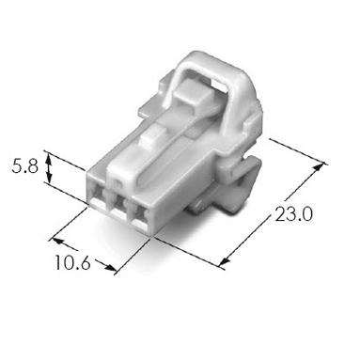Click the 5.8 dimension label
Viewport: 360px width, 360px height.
click(x=25, y=166)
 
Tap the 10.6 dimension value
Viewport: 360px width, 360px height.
click(x=72, y=262)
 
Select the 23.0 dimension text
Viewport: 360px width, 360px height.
click(x=293, y=214)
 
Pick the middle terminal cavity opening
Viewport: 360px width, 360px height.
click(x=118, y=203)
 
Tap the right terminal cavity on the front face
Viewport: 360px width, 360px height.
click(x=139, y=214)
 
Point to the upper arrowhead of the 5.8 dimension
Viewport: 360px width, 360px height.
click(x=48, y=160)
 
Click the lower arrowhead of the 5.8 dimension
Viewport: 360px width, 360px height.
click(x=49, y=178)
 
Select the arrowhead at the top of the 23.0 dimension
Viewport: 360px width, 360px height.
click(x=319, y=167)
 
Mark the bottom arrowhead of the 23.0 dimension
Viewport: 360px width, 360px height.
click(x=226, y=261)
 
